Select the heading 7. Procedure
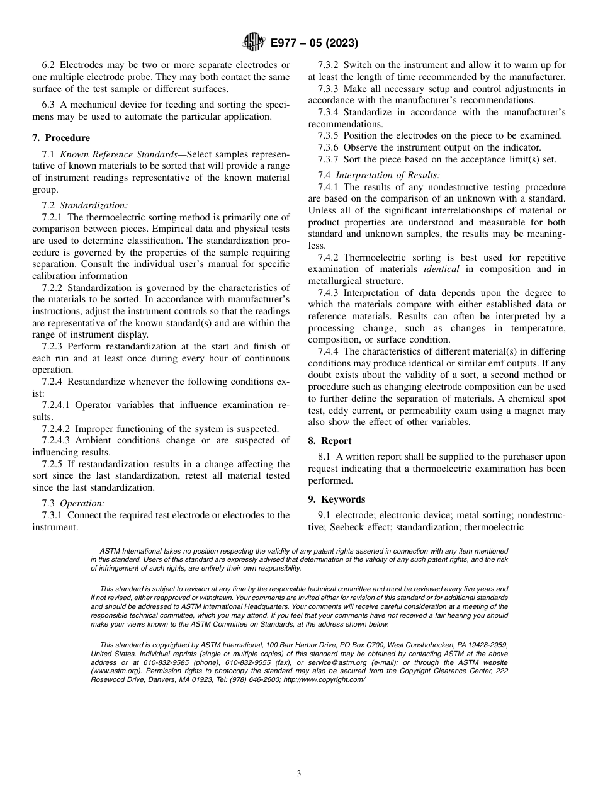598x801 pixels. tap(61, 138)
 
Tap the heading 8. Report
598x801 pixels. tap(330, 441)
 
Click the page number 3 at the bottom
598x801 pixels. tap(299, 774)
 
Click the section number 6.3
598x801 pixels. tap(48, 105)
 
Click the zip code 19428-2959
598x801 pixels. tap(487, 645)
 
